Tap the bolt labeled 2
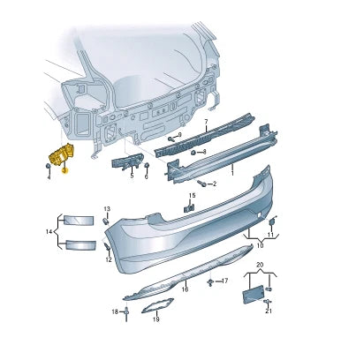201,184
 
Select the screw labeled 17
209,282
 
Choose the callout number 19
155,319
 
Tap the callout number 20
259,265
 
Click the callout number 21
269,311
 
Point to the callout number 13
107,209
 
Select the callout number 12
108,260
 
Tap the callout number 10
260,244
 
